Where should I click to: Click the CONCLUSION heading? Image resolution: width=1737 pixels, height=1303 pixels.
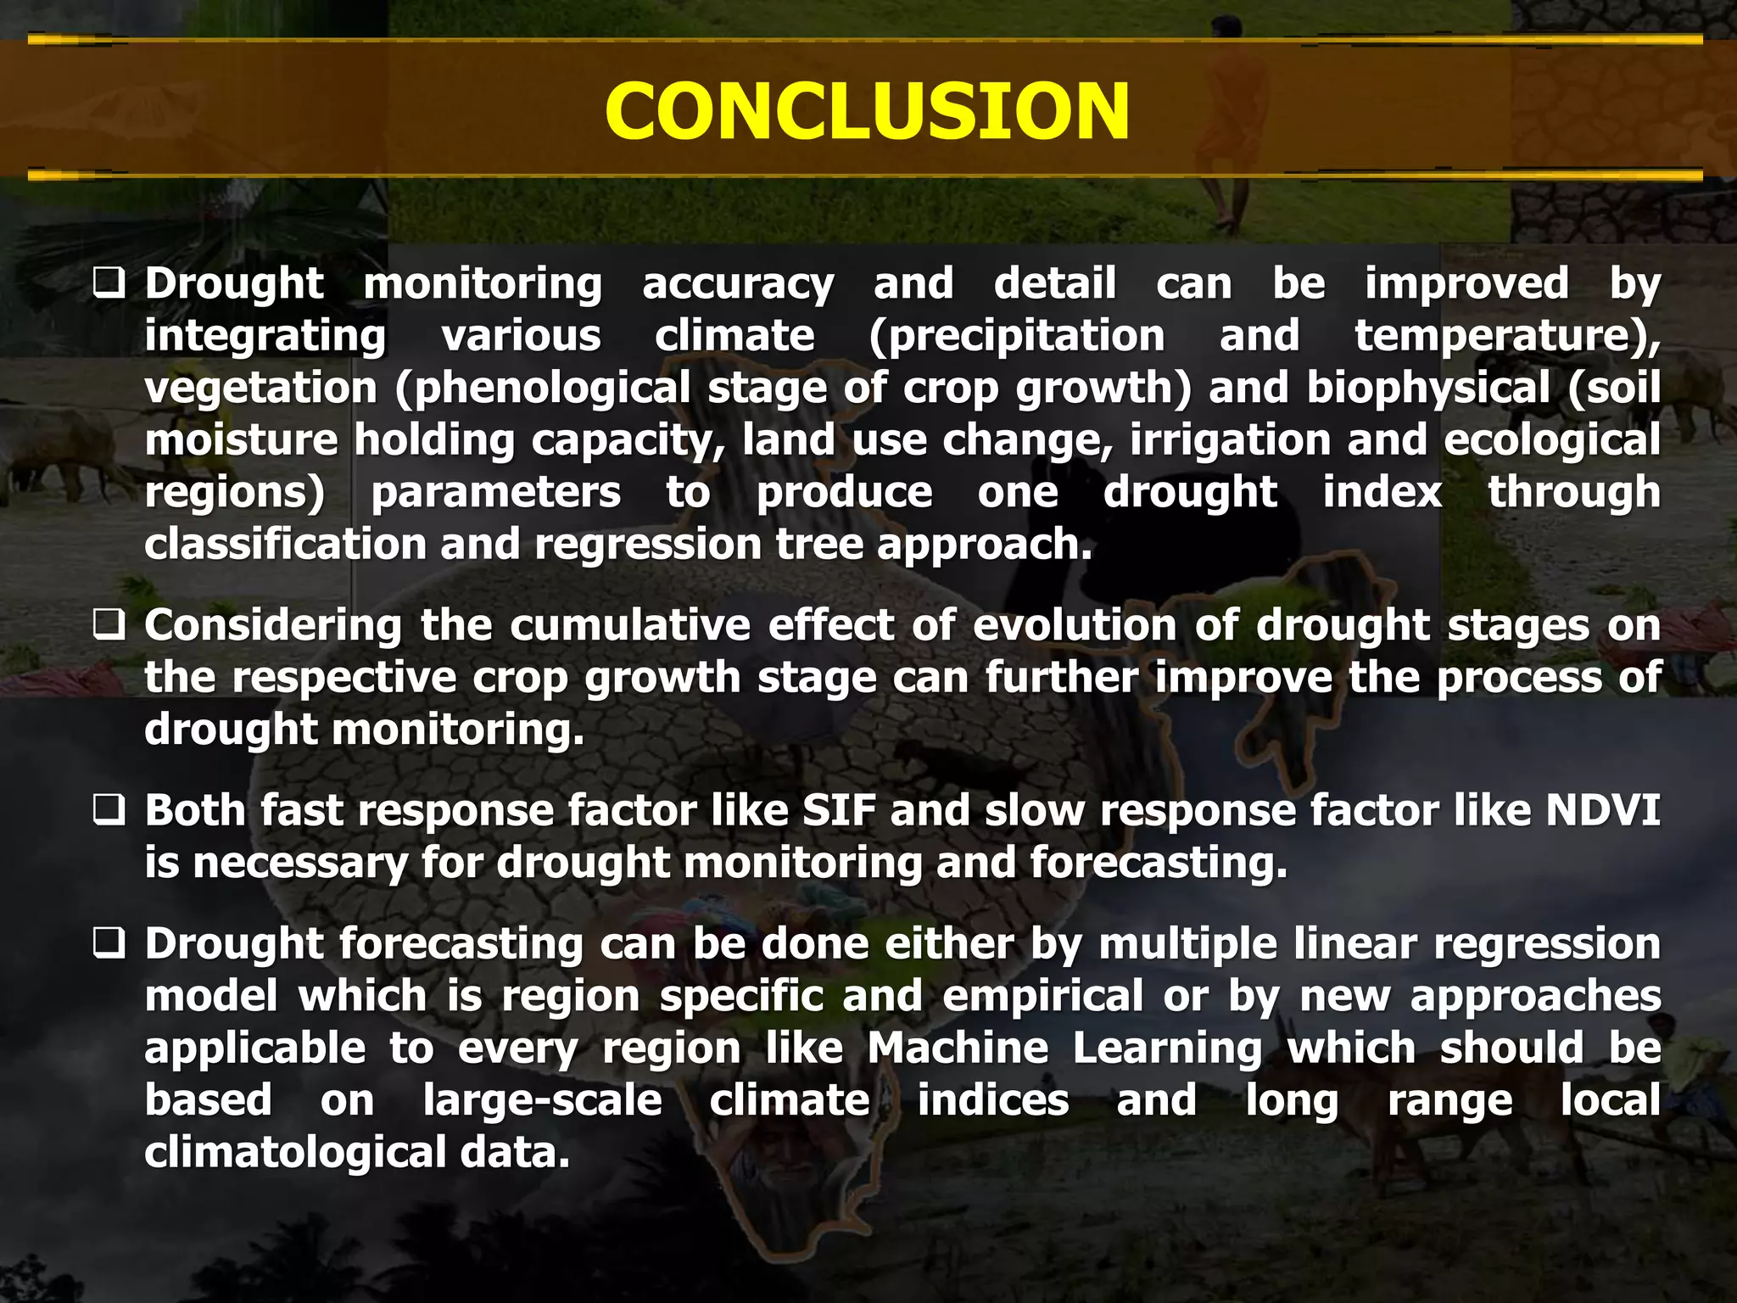(867, 112)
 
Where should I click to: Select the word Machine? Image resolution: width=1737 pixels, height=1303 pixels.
(958, 1049)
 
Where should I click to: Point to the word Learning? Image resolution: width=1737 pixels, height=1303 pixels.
(1167, 1049)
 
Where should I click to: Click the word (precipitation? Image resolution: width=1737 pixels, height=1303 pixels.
(1017, 336)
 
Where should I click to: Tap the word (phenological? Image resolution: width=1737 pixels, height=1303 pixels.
(543, 389)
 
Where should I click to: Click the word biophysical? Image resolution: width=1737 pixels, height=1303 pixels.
(1427, 389)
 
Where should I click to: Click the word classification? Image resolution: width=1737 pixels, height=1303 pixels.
(285, 544)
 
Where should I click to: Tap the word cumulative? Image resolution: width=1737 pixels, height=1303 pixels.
(629, 626)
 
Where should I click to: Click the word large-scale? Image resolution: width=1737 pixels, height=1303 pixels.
(542, 1101)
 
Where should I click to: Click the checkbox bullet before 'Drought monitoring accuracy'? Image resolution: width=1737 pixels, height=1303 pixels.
(109, 283)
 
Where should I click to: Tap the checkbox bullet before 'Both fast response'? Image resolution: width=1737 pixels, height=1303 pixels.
(109, 811)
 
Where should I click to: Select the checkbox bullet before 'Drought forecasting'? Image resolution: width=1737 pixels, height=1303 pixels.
(109, 944)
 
